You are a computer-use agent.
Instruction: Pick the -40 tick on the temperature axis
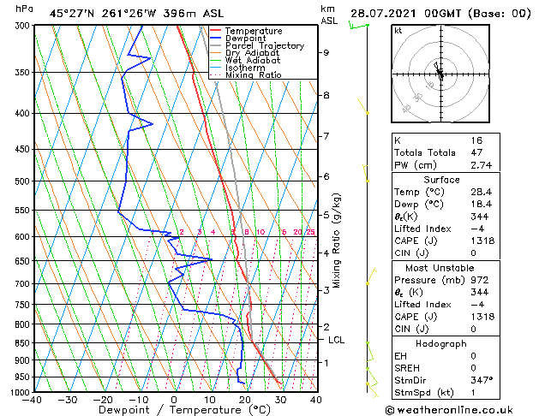(x=33, y=399)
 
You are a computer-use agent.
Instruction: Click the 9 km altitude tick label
(x=326, y=53)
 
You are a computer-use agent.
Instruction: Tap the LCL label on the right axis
(x=337, y=340)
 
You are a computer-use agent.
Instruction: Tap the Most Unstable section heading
(x=440, y=268)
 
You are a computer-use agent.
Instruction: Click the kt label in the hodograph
(x=398, y=31)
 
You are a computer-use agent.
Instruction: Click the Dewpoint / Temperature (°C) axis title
(x=174, y=410)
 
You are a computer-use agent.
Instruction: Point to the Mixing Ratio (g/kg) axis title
(x=337, y=240)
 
